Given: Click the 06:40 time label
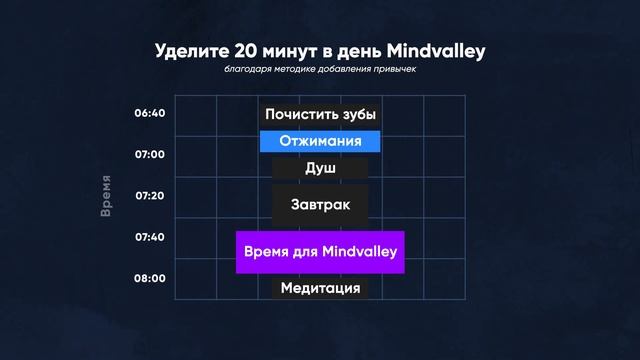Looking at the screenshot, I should coord(149,113).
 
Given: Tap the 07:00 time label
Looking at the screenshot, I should coord(149,154).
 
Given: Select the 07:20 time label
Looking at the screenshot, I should coord(149,195).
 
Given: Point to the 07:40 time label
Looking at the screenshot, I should coord(149,237).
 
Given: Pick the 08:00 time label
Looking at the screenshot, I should coord(149,278).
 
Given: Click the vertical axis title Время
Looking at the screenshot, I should coord(106,196).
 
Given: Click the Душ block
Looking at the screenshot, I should coord(320,168).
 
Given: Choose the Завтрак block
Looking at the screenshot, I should coord(320,204).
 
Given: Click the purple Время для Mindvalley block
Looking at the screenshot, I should coord(320,251).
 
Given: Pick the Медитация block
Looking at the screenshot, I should coord(320,288).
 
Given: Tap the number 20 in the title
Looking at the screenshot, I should coord(249,51).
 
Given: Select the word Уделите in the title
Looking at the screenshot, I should coord(193,51).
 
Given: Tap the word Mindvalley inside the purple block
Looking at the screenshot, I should coord(360,251).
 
